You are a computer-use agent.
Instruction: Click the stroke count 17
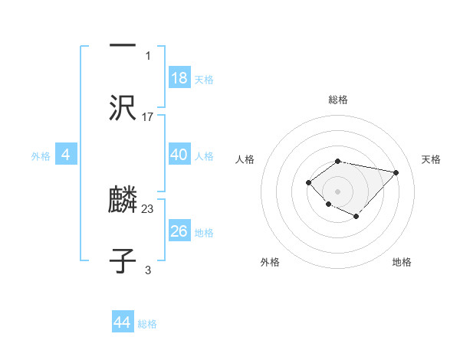[x=148, y=117]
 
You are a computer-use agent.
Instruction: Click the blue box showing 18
[x=179, y=78]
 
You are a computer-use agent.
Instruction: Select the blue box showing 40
[x=179, y=155]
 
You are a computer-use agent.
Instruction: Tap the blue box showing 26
[x=179, y=231]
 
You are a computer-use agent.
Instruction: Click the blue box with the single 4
[x=66, y=155]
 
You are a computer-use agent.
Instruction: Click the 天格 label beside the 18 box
[x=204, y=80]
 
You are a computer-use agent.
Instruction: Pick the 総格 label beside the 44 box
[x=147, y=324]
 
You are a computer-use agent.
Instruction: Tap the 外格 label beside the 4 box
[x=41, y=156]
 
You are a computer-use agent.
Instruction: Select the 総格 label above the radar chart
[x=337, y=100]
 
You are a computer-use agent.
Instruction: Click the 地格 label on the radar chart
[x=402, y=263]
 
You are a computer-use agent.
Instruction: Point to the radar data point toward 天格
[x=396, y=172]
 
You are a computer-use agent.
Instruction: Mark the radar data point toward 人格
[x=308, y=182]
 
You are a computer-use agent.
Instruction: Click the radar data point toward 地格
[x=356, y=217]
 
